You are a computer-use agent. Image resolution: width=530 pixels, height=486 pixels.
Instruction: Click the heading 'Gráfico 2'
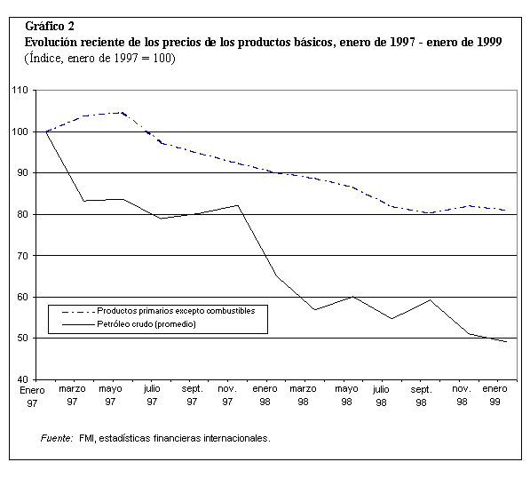[x=50, y=27]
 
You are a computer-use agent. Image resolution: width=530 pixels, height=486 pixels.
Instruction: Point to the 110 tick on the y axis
[x=20, y=90]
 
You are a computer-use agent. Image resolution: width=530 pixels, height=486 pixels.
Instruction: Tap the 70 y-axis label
[x=21, y=256]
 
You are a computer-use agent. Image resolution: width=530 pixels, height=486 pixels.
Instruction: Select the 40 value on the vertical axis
[x=21, y=379]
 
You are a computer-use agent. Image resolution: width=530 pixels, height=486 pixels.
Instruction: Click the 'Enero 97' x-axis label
[x=32, y=397]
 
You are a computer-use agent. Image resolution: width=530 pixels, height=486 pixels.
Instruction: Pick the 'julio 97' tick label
[x=152, y=395]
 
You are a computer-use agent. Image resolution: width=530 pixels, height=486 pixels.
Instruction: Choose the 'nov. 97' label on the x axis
[x=227, y=395]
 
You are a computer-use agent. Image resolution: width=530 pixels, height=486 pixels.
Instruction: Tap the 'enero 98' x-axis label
[x=265, y=395]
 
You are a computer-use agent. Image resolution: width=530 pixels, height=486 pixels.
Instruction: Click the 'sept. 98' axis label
[x=421, y=395]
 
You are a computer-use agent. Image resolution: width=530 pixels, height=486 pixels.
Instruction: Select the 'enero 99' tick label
[x=494, y=395]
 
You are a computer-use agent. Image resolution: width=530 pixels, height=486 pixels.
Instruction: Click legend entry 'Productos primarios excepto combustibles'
[x=176, y=311]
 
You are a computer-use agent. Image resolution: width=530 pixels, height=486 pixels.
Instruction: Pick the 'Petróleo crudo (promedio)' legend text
[x=146, y=324]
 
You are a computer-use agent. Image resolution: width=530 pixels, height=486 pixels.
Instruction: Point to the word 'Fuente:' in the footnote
[x=57, y=438]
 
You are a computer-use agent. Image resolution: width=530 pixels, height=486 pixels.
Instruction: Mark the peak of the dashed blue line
[x=122, y=113]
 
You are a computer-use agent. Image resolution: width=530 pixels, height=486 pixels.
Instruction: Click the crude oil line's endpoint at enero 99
[x=506, y=341]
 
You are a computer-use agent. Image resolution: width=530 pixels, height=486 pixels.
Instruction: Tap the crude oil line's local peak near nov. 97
[x=238, y=205]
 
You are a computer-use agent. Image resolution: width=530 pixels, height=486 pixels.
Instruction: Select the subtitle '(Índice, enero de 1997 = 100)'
[x=100, y=58]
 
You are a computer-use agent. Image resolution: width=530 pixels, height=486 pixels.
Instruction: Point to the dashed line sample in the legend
[x=78, y=312]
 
